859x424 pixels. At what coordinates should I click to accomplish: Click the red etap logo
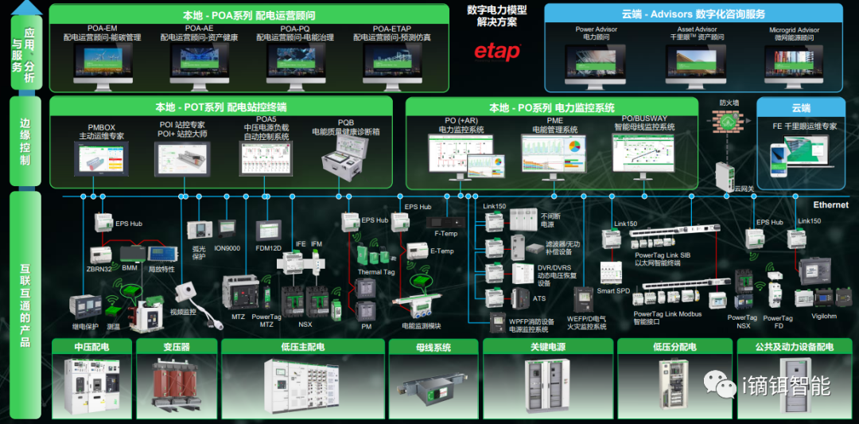(497, 52)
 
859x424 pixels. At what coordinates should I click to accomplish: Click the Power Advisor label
(596, 30)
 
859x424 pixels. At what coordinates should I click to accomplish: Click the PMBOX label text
(102, 126)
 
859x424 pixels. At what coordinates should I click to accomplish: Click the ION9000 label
(227, 247)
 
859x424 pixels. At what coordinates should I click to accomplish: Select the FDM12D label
(268, 247)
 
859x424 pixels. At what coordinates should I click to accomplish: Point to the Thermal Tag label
(375, 271)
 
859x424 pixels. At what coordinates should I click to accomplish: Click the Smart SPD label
(613, 291)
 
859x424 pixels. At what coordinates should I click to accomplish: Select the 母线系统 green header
(432, 347)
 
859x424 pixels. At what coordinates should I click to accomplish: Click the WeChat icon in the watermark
(717, 386)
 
